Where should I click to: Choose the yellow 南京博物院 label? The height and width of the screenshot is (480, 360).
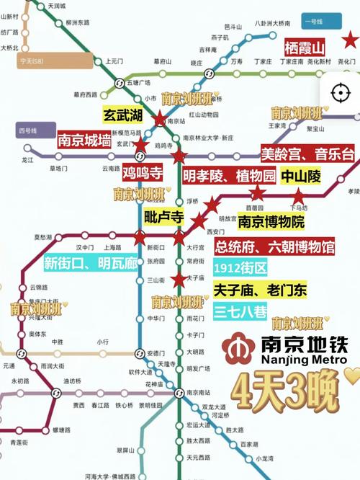[271, 222]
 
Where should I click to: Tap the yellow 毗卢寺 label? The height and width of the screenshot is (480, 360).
[165, 217]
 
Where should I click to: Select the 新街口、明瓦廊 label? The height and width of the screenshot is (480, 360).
[91, 263]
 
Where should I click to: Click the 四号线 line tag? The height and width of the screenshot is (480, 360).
[27, 130]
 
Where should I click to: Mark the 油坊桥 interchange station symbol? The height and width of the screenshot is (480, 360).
[55, 393]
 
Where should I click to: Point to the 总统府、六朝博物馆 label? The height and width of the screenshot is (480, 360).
[275, 246]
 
